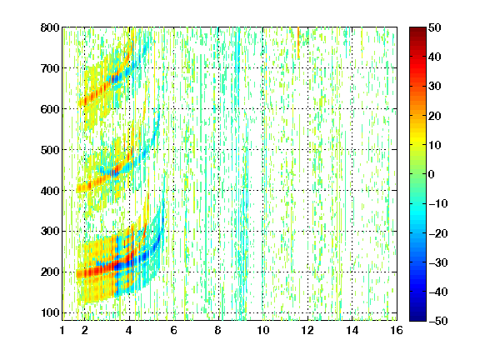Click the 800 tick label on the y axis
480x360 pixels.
[50, 27]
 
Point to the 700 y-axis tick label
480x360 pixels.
[50, 68]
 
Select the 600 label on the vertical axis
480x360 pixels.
[50, 109]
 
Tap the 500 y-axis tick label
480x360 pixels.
[50, 150]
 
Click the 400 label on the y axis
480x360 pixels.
[50, 191]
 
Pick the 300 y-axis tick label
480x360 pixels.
[50, 232]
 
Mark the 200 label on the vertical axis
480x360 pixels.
[50, 272]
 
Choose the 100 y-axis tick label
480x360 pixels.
[50, 312]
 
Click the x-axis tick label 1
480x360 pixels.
[62, 330]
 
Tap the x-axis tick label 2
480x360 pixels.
[85, 330]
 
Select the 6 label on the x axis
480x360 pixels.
[174, 330]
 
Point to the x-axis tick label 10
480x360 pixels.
[263, 330]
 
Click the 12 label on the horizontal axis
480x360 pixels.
[307, 330]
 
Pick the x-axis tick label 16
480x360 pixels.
[397, 330]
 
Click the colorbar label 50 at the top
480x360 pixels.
[434, 27]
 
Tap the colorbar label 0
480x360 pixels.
[432, 174]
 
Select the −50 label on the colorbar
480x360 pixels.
[437, 321]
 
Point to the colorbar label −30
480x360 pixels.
[437, 262]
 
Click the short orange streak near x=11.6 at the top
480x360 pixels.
[298, 42]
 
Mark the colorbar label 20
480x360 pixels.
[434, 116]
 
